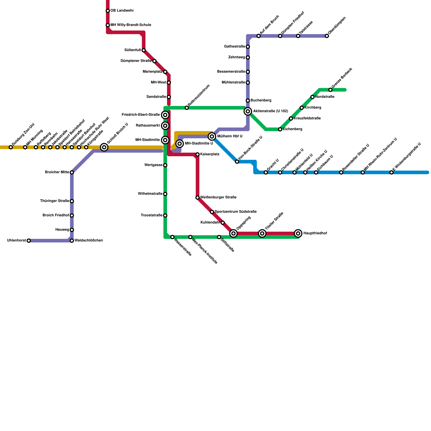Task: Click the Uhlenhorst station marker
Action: [x=29, y=241]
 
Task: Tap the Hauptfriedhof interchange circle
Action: [x=298, y=233]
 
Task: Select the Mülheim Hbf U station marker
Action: [x=212, y=137]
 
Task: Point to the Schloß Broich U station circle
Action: [x=104, y=147]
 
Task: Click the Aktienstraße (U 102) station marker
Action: [x=248, y=111]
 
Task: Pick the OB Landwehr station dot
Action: [x=108, y=11]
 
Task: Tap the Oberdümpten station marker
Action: [x=327, y=36]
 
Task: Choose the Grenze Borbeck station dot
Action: [x=331, y=90]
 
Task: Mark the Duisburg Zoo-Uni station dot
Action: [x=11, y=147]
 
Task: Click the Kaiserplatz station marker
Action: [x=197, y=154]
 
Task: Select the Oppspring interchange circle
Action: [x=234, y=233]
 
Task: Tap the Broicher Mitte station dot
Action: [x=72, y=172]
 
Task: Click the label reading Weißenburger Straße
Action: [x=218, y=197]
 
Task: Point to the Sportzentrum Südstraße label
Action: [x=235, y=212]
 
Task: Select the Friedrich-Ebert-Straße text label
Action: [x=141, y=115]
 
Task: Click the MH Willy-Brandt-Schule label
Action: [x=131, y=25]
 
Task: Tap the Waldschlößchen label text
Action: [x=89, y=241]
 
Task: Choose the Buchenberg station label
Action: [x=261, y=100]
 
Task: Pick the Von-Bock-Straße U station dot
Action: [x=237, y=162]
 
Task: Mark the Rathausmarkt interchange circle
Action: [x=165, y=126]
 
